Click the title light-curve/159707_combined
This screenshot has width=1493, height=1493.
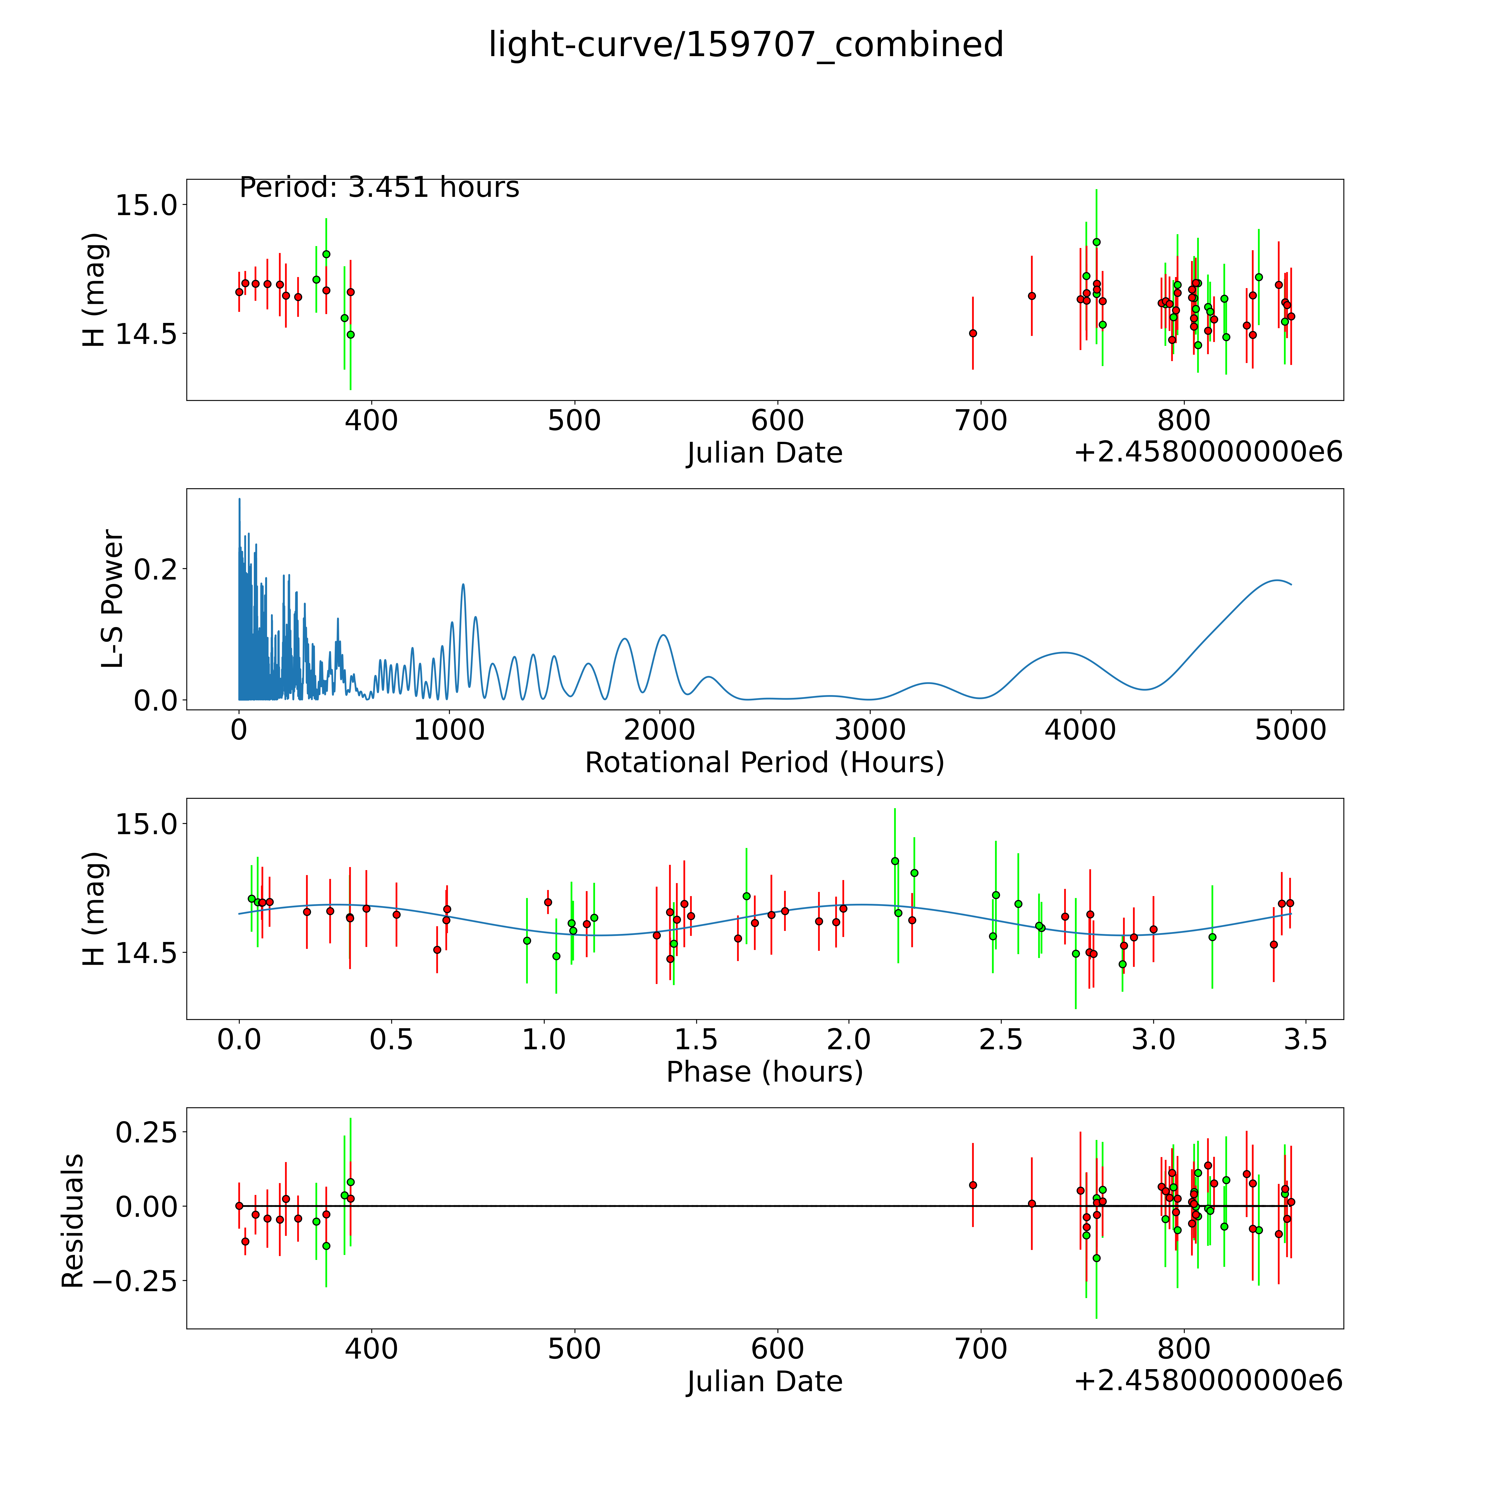click(746, 45)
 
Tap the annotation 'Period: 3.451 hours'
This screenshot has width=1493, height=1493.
click(379, 188)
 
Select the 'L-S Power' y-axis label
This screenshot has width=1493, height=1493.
click(113, 599)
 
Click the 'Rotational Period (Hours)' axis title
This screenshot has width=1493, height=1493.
click(764, 763)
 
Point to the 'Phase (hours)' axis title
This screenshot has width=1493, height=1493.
click(764, 1072)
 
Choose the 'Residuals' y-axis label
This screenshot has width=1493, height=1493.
click(73, 1221)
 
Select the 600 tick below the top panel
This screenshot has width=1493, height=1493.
click(777, 421)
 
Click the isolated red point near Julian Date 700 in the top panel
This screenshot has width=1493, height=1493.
click(973, 333)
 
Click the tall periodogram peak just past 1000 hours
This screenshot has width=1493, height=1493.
click(463, 585)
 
